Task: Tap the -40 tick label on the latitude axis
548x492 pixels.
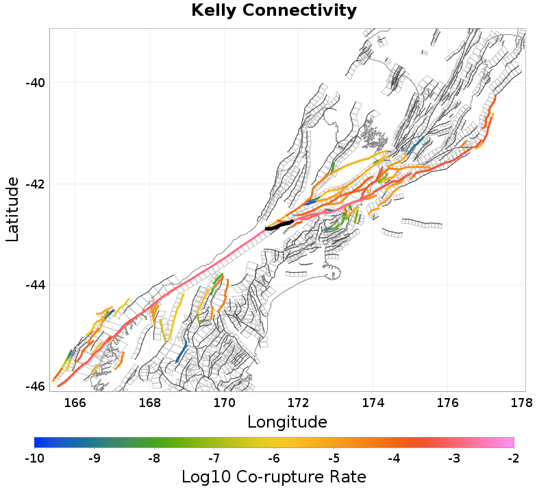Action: (35, 83)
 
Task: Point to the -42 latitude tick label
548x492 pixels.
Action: (35, 184)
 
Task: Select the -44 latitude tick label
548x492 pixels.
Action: (35, 285)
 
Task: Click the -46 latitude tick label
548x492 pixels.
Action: (35, 386)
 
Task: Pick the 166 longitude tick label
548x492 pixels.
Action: (75, 402)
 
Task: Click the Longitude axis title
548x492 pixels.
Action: (287, 421)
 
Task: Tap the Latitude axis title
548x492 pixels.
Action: (12, 208)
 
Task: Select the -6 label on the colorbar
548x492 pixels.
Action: (274, 458)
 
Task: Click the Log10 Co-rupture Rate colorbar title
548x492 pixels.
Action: (274, 477)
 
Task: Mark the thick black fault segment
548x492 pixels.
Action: (279, 225)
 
